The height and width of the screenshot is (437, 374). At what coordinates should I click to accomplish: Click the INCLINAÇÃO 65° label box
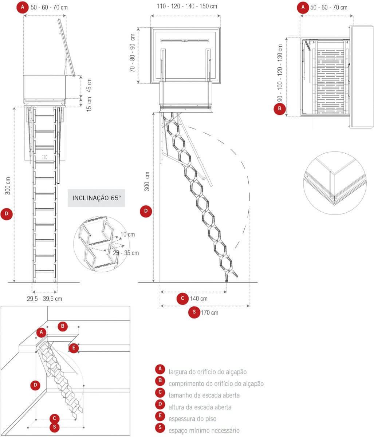tap(97, 198)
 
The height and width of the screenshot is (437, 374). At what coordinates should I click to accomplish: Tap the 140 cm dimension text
tap(199, 299)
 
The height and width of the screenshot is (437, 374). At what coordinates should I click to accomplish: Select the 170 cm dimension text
tap(210, 312)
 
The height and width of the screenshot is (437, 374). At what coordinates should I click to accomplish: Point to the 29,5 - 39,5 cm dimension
tap(44, 299)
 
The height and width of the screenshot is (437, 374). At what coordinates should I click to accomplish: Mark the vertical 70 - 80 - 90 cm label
tap(133, 52)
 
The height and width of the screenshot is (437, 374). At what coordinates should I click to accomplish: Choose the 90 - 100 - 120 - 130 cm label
tap(280, 73)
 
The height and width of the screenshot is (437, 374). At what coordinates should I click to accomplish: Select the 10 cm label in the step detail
tap(127, 234)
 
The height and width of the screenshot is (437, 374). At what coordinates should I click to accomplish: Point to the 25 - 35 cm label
tap(126, 253)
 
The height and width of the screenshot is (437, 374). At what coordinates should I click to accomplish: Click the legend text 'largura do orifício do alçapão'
tap(208, 372)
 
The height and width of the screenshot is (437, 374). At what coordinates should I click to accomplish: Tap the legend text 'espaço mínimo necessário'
tap(204, 430)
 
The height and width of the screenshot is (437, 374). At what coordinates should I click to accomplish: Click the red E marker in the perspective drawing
tap(74, 348)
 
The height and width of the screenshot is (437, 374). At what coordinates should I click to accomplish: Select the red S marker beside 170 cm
tap(194, 312)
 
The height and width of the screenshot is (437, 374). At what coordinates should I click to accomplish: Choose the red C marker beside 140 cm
tap(182, 299)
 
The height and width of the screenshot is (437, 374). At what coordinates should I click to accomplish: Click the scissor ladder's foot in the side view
tap(227, 280)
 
